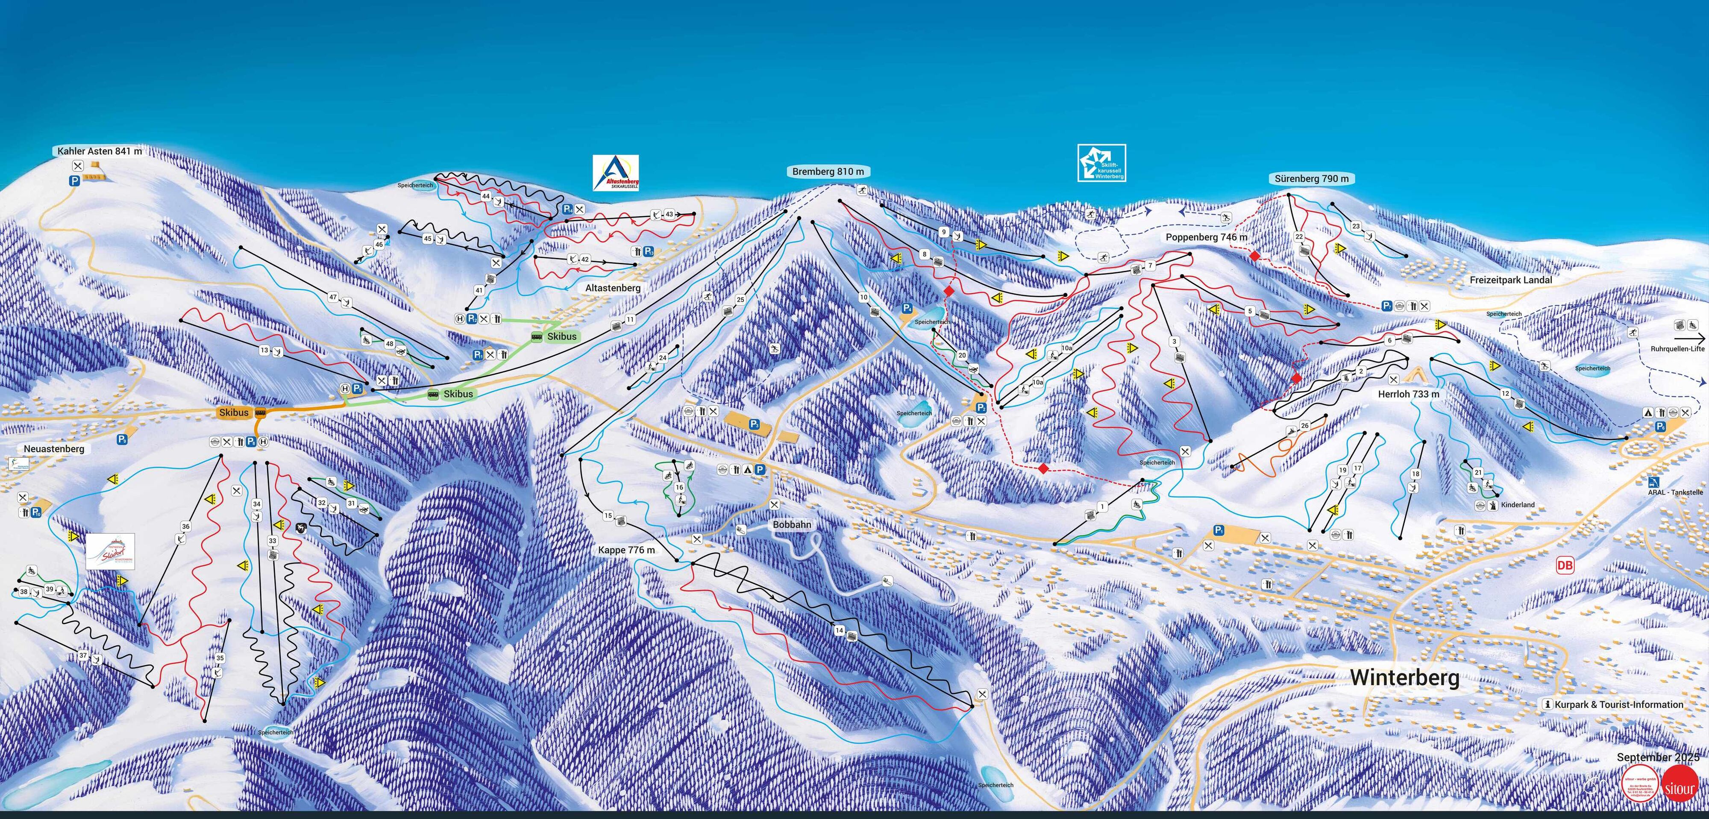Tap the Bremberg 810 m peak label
[828, 171]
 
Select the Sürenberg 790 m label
[1311, 179]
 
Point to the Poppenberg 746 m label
[1206, 237]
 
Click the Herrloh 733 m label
[1408, 394]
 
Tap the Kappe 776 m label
[625, 550]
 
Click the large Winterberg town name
[1404, 677]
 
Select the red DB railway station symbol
[1564, 566]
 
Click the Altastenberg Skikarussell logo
[616, 173]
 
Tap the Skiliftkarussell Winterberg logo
[1101, 162]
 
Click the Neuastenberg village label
[54, 449]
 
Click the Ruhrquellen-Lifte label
[1677, 348]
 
